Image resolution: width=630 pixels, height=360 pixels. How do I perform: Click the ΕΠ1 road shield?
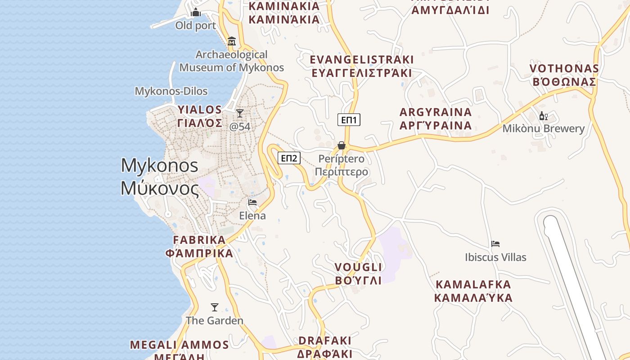(x=349, y=120)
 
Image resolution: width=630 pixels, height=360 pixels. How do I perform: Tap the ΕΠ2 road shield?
(x=288, y=158)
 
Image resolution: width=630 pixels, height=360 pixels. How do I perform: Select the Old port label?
(x=196, y=26)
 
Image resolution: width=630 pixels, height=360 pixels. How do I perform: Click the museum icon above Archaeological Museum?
(x=232, y=41)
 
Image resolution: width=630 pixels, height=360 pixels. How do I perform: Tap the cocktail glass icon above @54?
(x=240, y=113)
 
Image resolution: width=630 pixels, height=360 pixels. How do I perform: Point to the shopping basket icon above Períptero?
(x=342, y=145)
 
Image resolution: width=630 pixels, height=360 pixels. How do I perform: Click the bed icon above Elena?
(x=252, y=202)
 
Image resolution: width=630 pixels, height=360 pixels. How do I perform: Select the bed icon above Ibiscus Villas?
(x=495, y=244)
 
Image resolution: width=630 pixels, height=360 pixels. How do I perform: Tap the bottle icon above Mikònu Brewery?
(x=543, y=116)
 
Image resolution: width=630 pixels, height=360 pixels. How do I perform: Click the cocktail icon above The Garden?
(x=215, y=307)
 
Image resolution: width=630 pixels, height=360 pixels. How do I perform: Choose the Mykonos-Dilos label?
(x=171, y=91)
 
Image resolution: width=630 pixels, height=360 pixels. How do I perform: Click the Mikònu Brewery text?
(x=543, y=129)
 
